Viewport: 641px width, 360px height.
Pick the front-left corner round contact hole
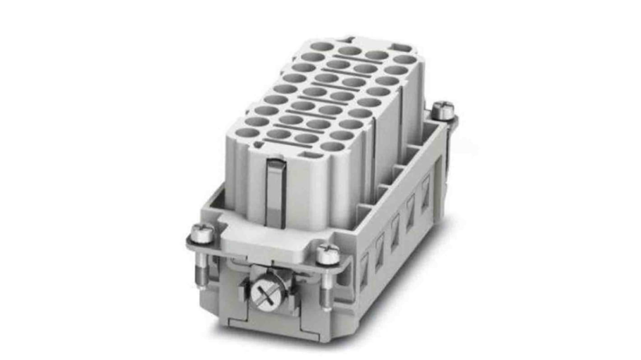[248, 133]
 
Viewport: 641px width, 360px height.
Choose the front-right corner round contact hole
[332, 146]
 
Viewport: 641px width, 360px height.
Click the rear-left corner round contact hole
[321, 46]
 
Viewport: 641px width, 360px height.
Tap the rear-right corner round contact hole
[404, 60]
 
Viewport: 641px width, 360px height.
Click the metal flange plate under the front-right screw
[343, 267]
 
